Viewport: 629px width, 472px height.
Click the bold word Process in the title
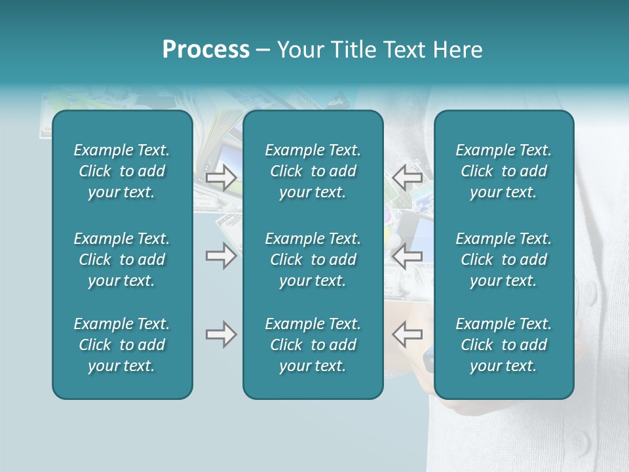coord(206,50)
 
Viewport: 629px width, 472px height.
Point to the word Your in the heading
coord(299,50)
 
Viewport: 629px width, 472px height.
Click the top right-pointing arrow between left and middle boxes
coord(221,178)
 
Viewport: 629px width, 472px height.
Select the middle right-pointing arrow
coord(221,256)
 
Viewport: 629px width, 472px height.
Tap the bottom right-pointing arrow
coord(221,334)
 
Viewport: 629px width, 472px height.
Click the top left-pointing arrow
coord(408,178)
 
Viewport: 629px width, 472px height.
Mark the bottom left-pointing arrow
coord(408,334)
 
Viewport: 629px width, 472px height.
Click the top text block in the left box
coord(122,171)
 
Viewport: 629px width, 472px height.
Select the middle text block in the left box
coord(122,260)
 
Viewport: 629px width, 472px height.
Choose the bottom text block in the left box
coord(122,345)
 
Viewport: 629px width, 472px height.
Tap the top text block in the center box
coord(313,171)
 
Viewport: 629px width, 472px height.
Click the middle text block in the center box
coord(313,260)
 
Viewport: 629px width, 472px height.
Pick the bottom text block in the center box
coord(313,345)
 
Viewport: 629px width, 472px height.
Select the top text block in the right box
coord(504,171)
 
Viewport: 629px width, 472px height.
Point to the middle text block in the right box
coord(504,260)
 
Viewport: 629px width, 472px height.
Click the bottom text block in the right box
coord(504,345)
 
